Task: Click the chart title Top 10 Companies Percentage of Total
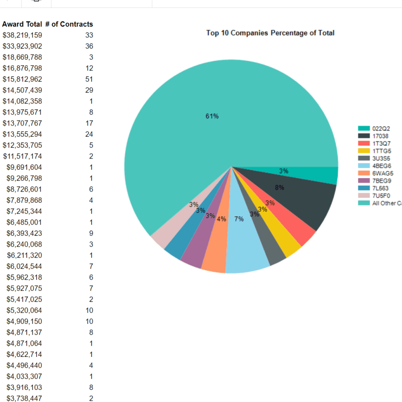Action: (270, 33)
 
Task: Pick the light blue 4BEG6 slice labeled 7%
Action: (246, 250)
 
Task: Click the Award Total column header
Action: (22, 24)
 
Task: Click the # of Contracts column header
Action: (69, 24)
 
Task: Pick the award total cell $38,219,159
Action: (22, 35)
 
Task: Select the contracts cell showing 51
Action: (89, 79)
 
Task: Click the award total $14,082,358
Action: (22, 101)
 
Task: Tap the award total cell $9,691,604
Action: (24, 167)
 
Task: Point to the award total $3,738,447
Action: (24, 398)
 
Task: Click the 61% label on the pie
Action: (212, 116)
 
